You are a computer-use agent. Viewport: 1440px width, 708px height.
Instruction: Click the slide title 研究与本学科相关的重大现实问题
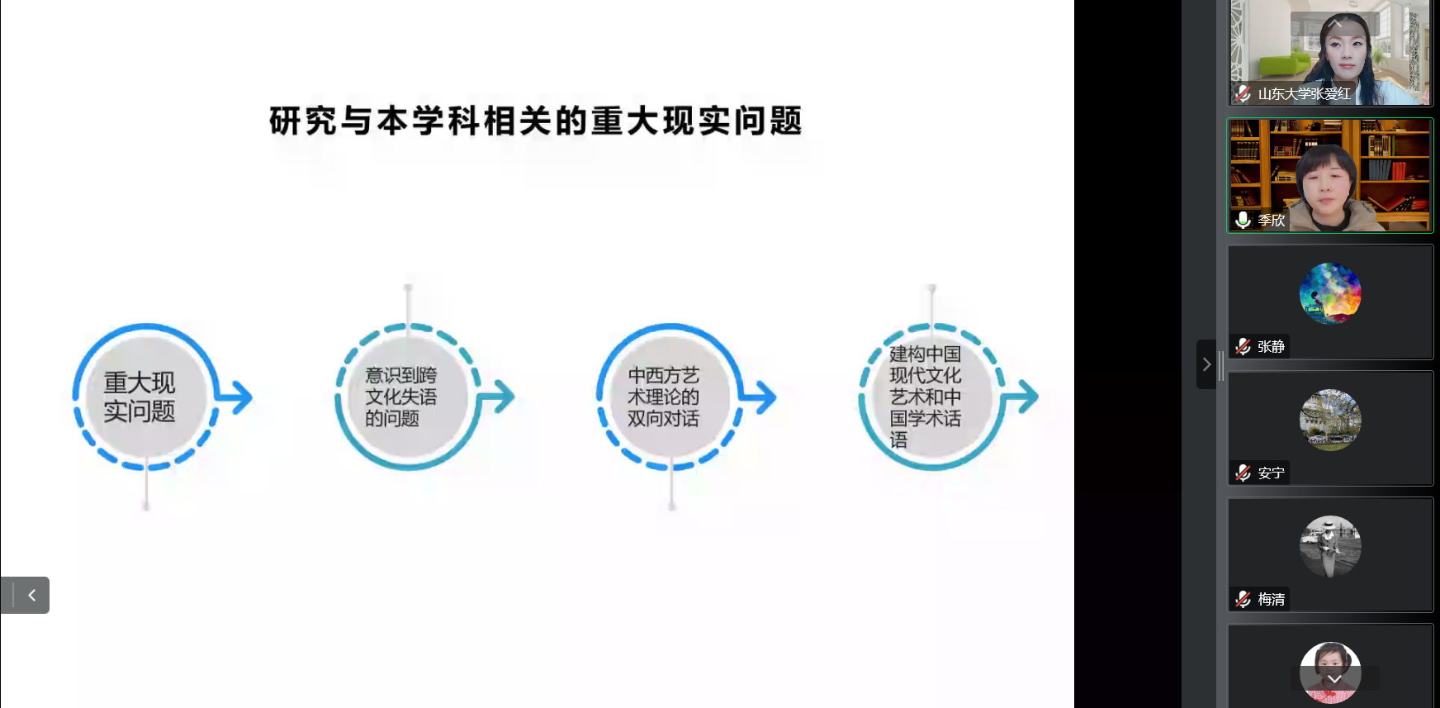[x=536, y=121]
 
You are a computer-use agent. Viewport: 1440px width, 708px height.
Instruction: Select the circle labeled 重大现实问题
[x=145, y=397]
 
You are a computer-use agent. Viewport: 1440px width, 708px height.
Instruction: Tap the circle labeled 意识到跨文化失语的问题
[x=408, y=397]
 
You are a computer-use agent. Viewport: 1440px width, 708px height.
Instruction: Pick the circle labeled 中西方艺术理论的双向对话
[x=670, y=397]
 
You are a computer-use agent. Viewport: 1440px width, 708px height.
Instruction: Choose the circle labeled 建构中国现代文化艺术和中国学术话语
[x=932, y=397]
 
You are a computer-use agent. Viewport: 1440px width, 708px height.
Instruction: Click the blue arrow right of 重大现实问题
[x=235, y=397]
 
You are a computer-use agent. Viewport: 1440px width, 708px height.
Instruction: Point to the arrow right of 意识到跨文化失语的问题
[x=497, y=397]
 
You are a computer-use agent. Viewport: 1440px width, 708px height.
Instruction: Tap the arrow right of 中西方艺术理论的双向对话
[x=759, y=397]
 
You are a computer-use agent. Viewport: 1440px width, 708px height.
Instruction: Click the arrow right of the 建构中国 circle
[x=1021, y=397]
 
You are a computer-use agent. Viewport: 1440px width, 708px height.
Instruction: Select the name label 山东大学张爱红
[x=1305, y=94]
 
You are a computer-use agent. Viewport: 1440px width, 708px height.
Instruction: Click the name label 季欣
[x=1272, y=221]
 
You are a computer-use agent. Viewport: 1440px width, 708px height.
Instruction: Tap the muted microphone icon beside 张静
[x=1243, y=347]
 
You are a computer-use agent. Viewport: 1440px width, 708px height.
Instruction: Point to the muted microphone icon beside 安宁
[x=1243, y=473]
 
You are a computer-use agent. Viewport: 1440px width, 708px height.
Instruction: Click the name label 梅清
[x=1272, y=600]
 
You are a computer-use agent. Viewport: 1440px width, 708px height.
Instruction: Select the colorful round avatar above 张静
[x=1330, y=293]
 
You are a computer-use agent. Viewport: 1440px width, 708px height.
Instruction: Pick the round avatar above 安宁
[x=1330, y=420]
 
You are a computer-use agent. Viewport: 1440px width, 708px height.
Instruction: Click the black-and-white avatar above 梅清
[x=1330, y=546]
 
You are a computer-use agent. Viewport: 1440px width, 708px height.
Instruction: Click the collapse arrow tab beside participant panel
[x=1206, y=364]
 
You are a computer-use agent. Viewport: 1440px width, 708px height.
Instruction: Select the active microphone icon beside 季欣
[x=1243, y=220]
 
